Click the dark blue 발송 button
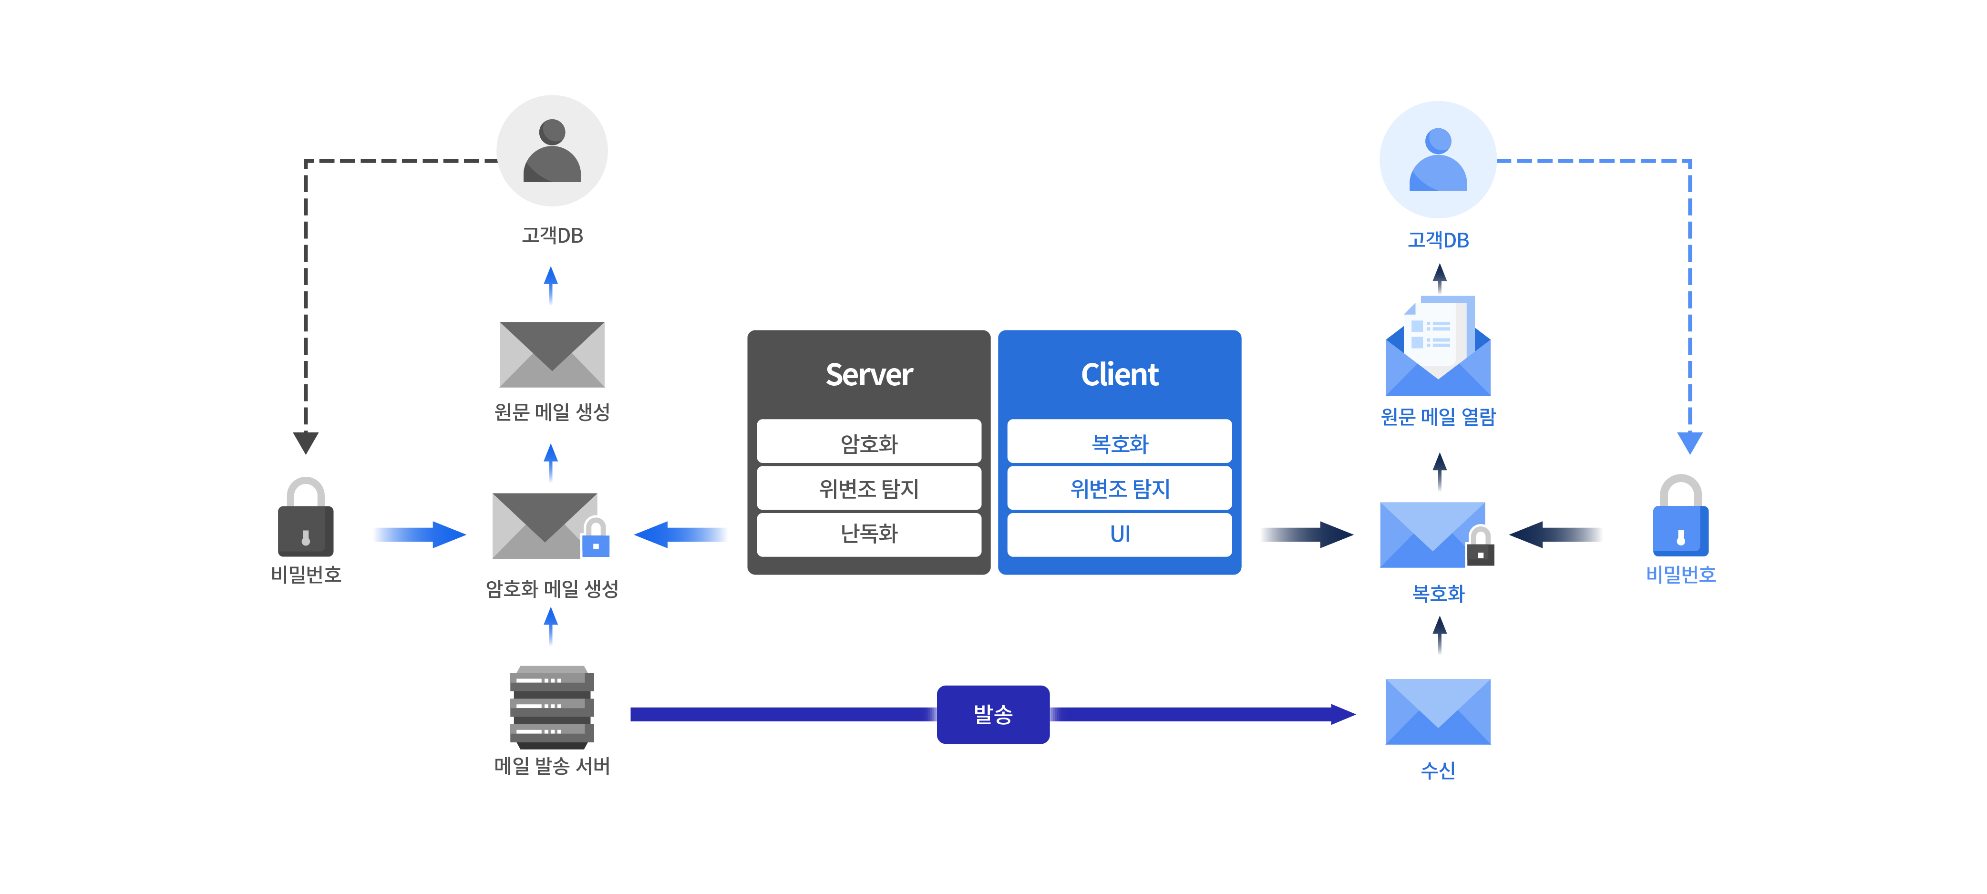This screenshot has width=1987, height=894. coord(993,714)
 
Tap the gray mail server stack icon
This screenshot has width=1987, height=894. coord(552,707)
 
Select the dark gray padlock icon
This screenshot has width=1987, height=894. coord(306,518)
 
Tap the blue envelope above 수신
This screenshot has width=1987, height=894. coord(1438,711)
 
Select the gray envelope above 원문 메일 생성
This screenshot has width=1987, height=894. coord(552,354)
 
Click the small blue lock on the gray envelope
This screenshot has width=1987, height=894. coord(596,538)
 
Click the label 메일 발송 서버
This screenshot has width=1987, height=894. coord(552,766)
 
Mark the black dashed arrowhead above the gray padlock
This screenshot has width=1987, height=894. coord(306,442)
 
